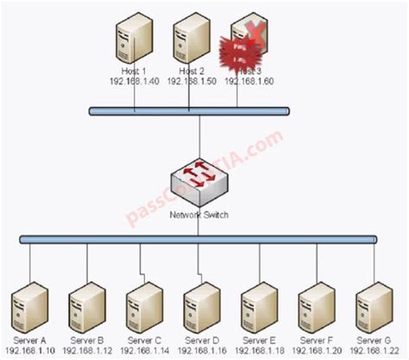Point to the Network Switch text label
tap(199, 215)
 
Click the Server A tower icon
tap(28, 306)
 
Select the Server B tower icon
tap(86, 306)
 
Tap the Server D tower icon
tap(200, 306)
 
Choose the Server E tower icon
tap(258, 306)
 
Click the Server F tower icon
tap(316, 306)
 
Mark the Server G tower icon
tap(373, 306)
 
